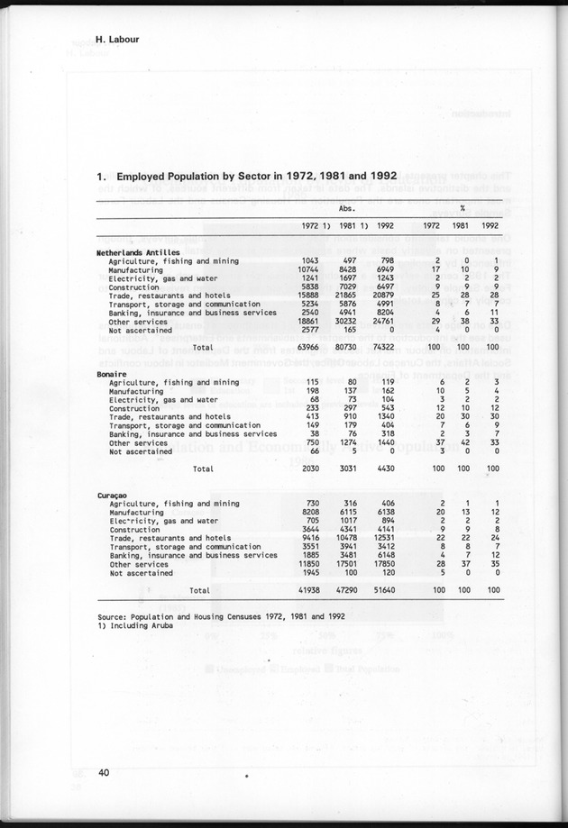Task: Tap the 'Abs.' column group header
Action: click(x=345, y=207)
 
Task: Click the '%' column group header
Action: click(x=462, y=207)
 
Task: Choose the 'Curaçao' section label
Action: click(x=113, y=496)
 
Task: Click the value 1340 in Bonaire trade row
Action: click(x=385, y=417)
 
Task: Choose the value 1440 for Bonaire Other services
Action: click(x=385, y=442)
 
